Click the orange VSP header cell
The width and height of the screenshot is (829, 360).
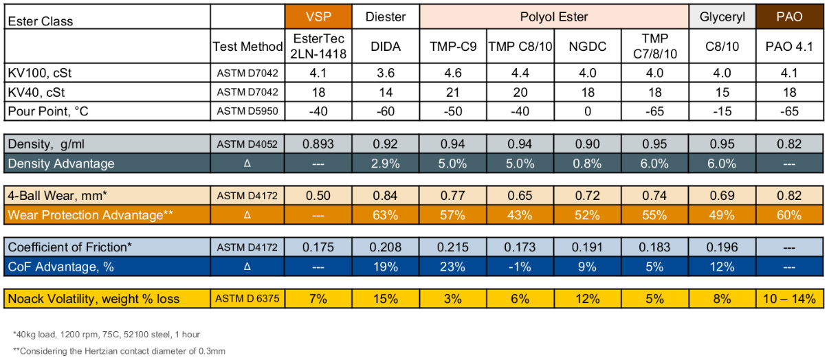click(x=318, y=16)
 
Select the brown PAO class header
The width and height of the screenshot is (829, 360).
click(x=789, y=16)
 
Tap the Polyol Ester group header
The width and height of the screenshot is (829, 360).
click(x=554, y=16)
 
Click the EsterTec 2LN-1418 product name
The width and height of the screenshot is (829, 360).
click(x=318, y=46)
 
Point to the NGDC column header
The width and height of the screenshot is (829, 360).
click(x=587, y=47)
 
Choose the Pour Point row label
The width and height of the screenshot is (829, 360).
click(x=48, y=111)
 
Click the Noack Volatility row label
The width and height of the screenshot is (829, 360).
click(x=93, y=299)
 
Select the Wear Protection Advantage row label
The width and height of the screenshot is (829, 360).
click(x=90, y=215)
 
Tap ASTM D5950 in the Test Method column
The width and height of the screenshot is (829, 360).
click(x=247, y=111)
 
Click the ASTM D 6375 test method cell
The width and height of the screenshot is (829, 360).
click(x=247, y=298)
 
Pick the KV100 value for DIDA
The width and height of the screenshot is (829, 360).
click(x=386, y=73)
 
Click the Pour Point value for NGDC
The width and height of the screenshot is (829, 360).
click(x=588, y=111)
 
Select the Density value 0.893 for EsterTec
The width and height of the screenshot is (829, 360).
click(x=318, y=144)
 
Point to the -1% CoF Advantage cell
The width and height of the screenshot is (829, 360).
click(x=520, y=267)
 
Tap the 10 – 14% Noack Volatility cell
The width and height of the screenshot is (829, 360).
click(x=789, y=299)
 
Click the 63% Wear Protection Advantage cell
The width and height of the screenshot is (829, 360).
click(x=386, y=215)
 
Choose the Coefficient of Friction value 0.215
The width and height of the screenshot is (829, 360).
click(x=452, y=247)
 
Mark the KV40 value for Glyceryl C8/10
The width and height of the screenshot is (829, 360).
click(x=722, y=92)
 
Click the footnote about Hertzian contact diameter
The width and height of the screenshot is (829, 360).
click(x=119, y=351)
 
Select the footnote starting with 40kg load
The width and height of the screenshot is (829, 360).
click(x=107, y=335)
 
